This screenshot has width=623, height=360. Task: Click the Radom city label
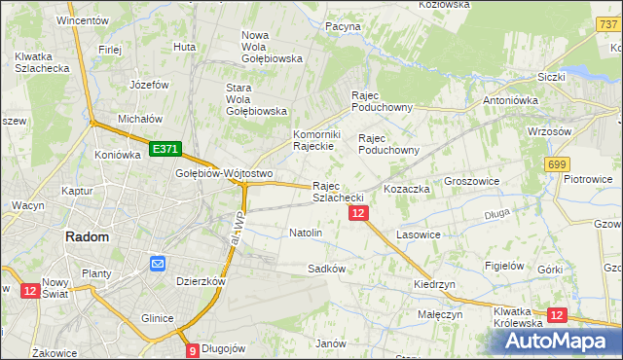tap(87, 236)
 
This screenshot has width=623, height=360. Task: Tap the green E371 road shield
tap(165, 149)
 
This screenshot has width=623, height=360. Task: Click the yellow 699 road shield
tap(557, 165)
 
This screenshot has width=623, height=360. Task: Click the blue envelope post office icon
tap(156, 263)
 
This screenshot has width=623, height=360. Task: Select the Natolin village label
tap(306, 234)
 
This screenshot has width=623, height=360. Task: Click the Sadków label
tap(326, 268)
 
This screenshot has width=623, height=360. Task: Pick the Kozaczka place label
tap(407, 189)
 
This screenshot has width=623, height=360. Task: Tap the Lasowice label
tap(421, 235)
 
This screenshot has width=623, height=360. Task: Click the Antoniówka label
tap(512, 99)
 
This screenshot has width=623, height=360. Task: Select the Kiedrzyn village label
tap(434, 283)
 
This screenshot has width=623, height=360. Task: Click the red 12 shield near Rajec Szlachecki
tap(358, 213)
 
